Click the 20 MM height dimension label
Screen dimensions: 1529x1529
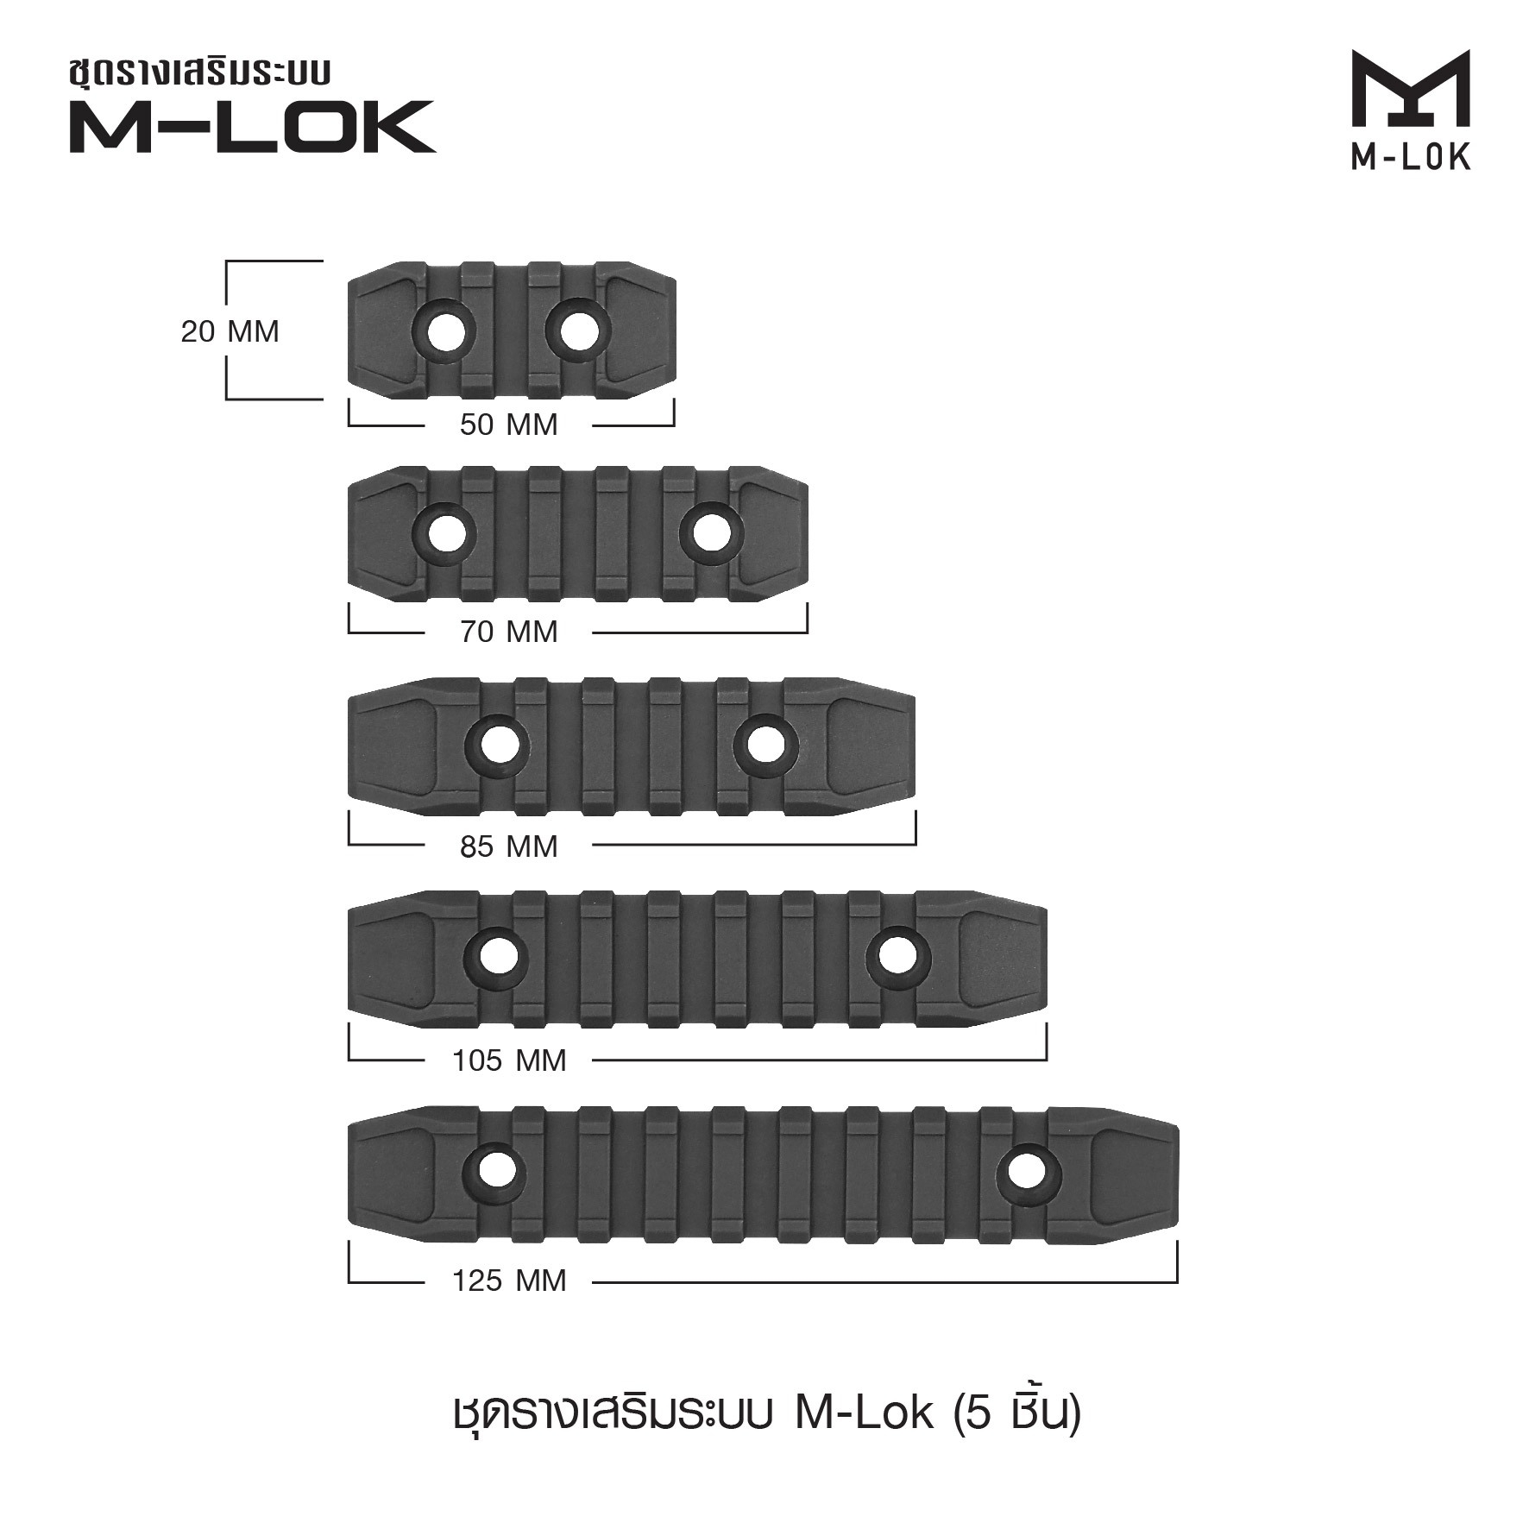tap(230, 332)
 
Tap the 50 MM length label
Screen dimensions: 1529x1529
tap(509, 425)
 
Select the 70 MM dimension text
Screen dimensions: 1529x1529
tap(509, 632)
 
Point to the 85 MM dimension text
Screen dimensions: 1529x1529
tap(509, 847)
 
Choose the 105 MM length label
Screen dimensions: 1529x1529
tap(509, 1060)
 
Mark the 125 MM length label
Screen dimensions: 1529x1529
tap(509, 1280)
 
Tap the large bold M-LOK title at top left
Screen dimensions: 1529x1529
tap(253, 127)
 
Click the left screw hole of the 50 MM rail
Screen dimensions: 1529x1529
tap(444, 327)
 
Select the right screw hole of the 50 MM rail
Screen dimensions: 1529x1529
tap(579, 327)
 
